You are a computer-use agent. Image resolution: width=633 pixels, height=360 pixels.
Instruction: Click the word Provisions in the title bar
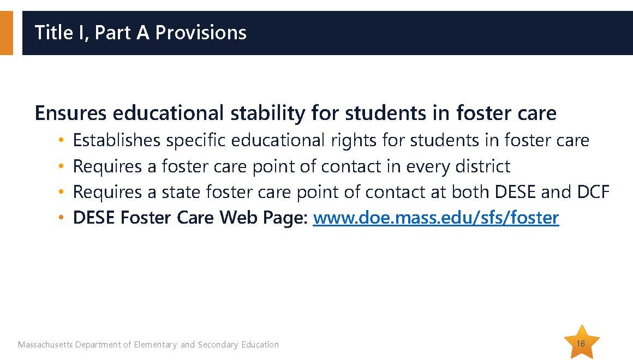[x=201, y=32]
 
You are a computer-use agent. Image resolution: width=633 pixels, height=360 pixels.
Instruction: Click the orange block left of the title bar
[x=7, y=33]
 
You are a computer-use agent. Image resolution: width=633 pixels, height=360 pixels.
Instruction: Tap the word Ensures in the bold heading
[x=70, y=113]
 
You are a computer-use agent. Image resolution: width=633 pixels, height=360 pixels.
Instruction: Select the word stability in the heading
[x=267, y=113]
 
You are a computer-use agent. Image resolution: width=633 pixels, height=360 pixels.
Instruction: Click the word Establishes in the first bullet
[x=117, y=140]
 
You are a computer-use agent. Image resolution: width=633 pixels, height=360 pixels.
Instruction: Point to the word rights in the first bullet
[x=354, y=141]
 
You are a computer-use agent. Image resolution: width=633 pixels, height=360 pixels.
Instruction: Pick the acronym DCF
[x=593, y=191]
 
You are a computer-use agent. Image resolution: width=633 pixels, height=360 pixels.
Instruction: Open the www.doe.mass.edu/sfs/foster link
[x=436, y=218]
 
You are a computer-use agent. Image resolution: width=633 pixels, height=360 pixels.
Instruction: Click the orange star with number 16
[x=582, y=342]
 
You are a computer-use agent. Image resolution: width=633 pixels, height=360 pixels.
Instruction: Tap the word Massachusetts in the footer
[x=45, y=345]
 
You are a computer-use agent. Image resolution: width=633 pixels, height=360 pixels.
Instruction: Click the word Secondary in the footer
[x=218, y=345]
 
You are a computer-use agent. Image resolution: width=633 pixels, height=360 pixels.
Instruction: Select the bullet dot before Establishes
[x=61, y=140]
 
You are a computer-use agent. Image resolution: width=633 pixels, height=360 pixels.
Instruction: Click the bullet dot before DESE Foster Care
[x=61, y=218]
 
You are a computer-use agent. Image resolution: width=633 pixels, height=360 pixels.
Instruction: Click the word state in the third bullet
[x=181, y=192]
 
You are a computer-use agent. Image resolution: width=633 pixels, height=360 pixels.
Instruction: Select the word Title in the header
[x=53, y=32]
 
